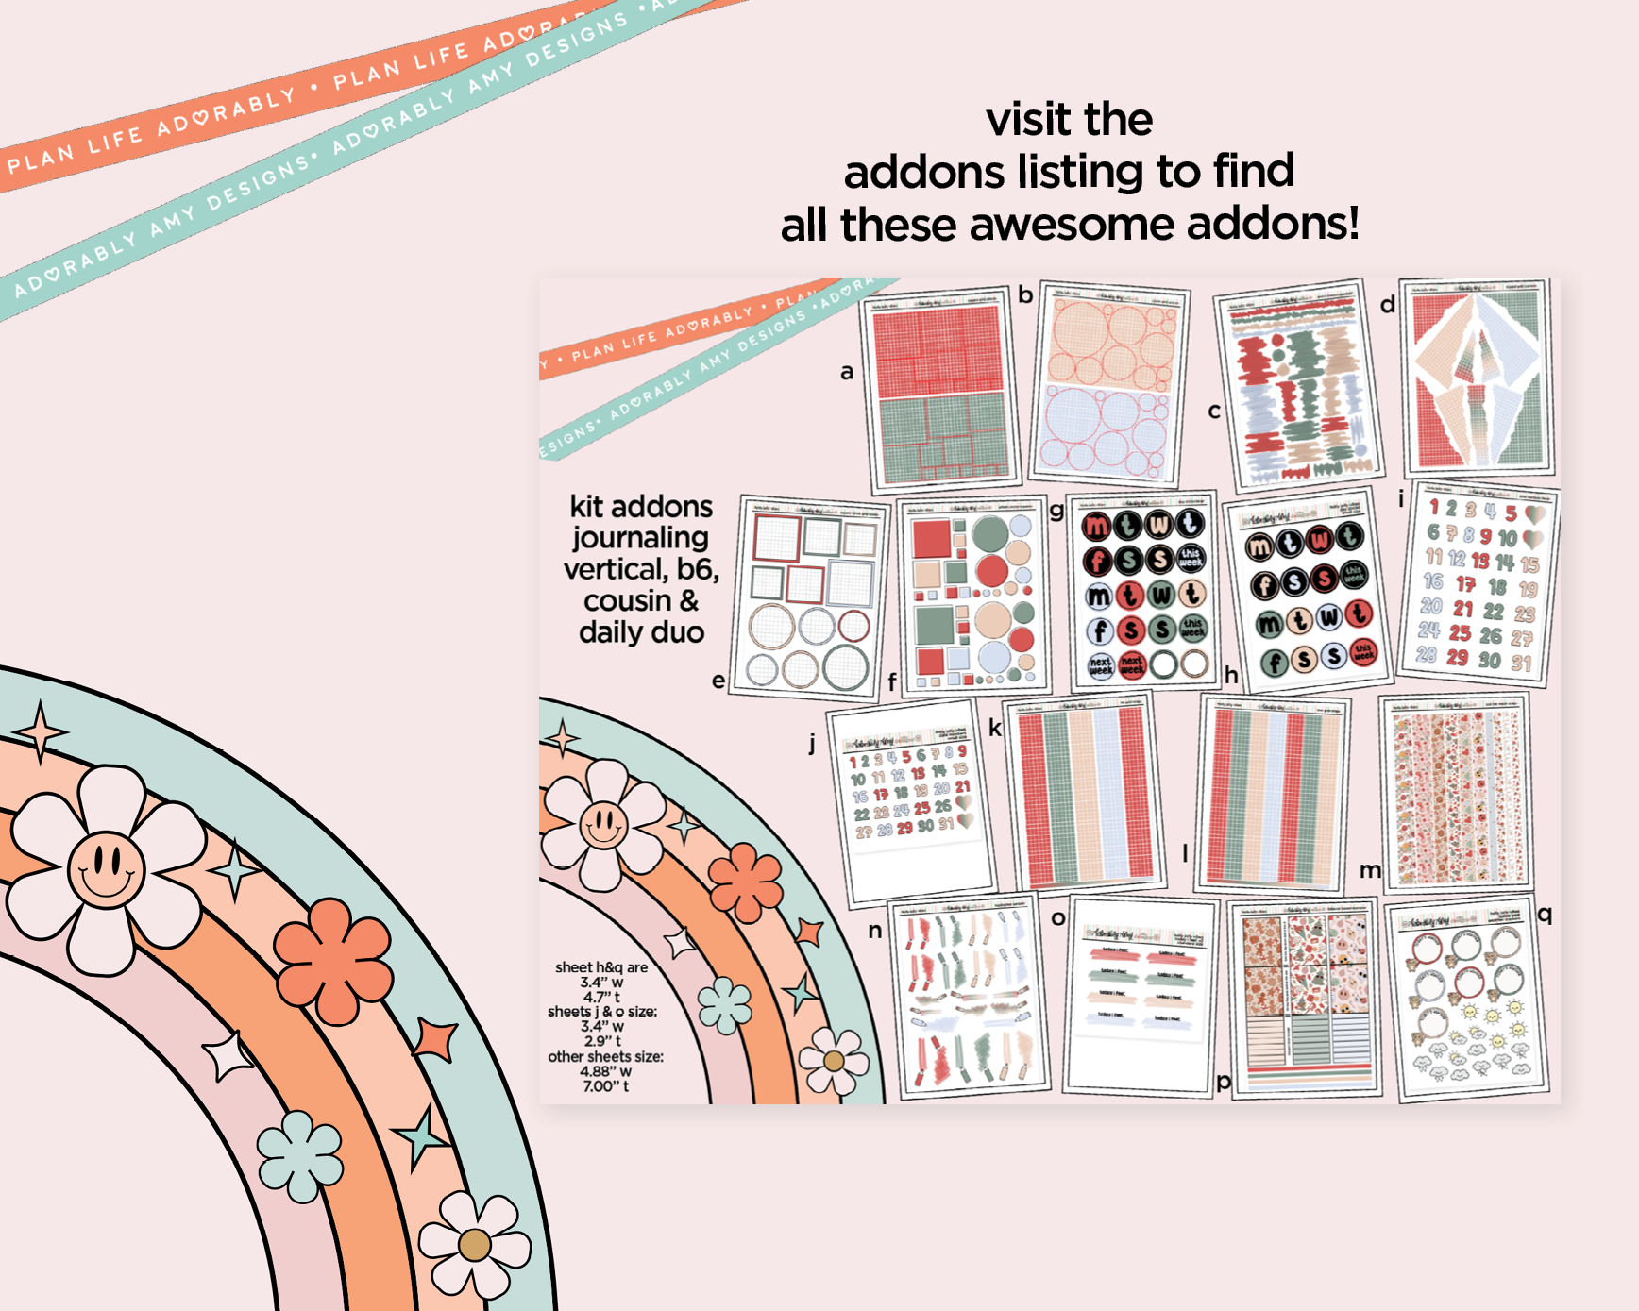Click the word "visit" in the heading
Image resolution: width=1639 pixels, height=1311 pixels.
(1026, 120)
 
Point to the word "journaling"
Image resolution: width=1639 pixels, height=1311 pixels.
(640, 538)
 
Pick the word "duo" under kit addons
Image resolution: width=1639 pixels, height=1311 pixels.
(677, 632)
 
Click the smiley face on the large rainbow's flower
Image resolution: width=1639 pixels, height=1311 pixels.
(106, 868)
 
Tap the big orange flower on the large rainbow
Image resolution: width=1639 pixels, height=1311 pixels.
(332, 960)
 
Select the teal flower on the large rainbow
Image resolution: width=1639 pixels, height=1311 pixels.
(300, 1156)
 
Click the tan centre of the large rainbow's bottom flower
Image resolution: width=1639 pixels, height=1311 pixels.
(474, 1245)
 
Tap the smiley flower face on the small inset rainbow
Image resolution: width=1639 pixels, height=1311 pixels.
(603, 824)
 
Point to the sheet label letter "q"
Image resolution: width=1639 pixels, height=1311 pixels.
(1545, 914)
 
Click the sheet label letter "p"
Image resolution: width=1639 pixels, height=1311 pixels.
(1224, 1082)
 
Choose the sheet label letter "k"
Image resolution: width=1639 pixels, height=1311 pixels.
(994, 728)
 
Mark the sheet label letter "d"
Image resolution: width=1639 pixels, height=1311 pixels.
(1387, 305)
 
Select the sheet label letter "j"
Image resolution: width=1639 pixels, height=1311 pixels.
(812, 743)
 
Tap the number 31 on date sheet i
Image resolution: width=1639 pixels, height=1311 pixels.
(1521, 664)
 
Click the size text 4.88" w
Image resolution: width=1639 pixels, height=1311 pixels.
(606, 1071)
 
